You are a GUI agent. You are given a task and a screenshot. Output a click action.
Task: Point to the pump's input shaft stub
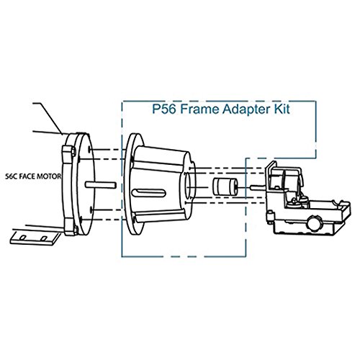pos(256,189)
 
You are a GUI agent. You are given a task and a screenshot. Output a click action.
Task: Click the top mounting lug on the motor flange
pos(68,151)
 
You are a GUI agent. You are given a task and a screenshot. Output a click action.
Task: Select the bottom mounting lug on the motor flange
pos(71,229)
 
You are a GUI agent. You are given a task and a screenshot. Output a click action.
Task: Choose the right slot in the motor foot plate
pos(45,237)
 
